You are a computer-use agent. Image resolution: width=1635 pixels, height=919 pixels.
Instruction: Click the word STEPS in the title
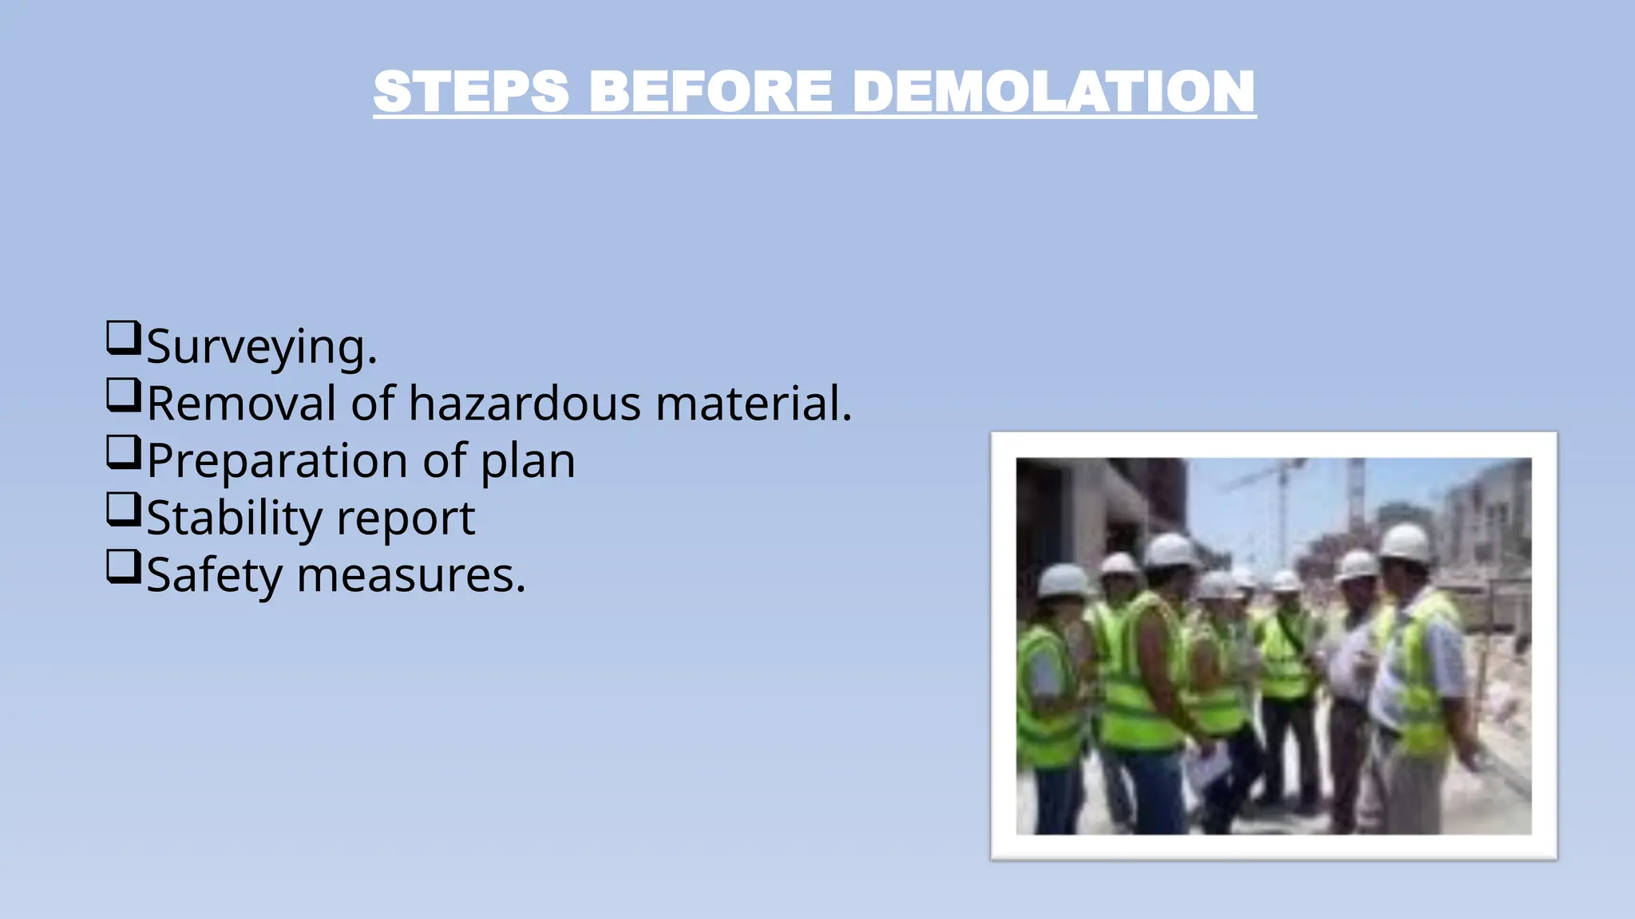471,92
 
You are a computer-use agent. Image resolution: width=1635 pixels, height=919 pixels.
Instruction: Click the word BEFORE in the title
711,92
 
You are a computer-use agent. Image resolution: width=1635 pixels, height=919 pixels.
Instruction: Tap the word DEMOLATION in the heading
1054,92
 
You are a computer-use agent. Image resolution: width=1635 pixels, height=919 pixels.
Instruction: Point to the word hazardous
525,403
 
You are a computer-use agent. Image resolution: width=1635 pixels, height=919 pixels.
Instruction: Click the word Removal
241,403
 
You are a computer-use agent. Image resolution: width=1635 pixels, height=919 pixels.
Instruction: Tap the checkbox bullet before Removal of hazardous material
123,395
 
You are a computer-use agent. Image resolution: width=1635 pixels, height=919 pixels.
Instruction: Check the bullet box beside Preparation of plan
123,452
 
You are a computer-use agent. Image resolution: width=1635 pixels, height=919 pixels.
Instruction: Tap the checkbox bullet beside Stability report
123,510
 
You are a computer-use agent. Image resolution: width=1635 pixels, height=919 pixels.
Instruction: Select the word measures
410,575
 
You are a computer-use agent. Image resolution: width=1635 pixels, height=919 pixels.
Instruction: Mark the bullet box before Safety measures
123,567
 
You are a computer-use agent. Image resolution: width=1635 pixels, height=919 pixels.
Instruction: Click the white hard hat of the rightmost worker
1404,542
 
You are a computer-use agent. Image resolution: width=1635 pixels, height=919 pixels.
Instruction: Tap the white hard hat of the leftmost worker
1063,581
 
